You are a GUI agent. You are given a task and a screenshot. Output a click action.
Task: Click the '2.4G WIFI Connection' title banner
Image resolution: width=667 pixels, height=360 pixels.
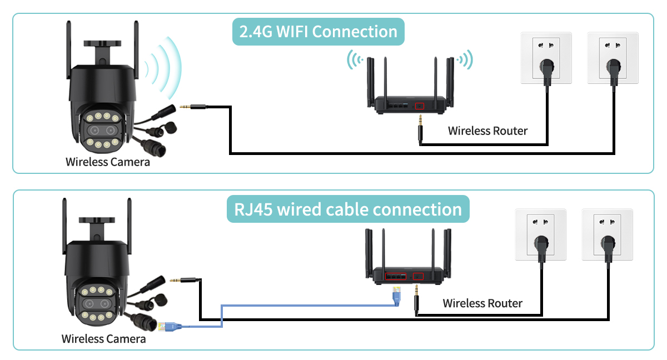[x=318, y=32]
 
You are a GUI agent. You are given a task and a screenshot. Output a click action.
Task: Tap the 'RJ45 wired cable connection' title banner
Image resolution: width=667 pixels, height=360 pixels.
[x=348, y=209]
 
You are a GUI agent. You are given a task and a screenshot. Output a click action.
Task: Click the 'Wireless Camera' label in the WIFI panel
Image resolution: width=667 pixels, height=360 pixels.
[x=108, y=162]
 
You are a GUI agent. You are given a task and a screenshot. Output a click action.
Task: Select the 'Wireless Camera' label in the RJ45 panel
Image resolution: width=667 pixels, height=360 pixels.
[x=104, y=338]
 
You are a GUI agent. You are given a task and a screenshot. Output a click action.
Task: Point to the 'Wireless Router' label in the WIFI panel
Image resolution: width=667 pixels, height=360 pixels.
[x=487, y=131]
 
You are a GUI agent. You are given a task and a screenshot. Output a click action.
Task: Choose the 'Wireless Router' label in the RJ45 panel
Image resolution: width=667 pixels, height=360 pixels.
[x=482, y=303]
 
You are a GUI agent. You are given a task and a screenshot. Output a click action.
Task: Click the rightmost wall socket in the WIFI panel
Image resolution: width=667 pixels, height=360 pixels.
[x=613, y=58]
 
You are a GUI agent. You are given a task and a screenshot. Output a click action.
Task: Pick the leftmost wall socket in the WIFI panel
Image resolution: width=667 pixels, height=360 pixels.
[x=545, y=58]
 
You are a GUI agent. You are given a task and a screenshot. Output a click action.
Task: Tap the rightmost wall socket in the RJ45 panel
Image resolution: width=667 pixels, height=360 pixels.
[x=607, y=234]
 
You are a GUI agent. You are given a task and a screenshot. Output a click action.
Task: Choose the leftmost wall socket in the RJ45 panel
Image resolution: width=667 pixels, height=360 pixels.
[x=540, y=234]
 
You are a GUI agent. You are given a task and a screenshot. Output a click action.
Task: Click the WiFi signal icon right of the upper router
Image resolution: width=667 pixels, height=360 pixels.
[x=465, y=59]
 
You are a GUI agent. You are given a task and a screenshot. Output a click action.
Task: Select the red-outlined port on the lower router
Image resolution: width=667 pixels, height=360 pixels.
[x=402, y=276]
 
